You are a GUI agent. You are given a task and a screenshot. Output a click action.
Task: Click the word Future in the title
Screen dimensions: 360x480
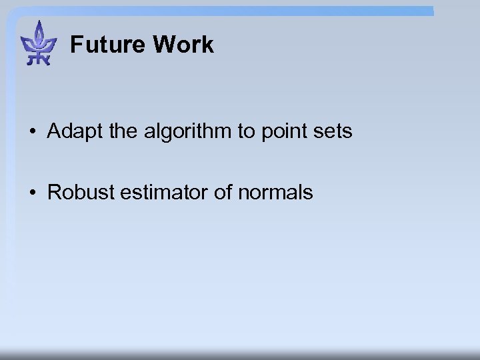[107, 45]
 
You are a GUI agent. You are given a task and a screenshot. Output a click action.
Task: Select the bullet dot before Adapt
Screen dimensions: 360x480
[33, 132]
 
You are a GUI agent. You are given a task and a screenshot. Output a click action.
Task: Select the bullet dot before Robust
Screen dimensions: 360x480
[33, 193]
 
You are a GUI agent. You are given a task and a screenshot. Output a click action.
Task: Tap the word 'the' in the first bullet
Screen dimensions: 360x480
[122, 131]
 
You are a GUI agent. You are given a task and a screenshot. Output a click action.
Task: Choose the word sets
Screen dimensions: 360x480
[331, 131]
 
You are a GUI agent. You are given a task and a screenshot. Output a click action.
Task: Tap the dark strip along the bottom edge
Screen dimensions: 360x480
[240, 355]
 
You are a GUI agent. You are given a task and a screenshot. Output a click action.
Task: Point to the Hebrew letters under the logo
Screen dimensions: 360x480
[39, 59]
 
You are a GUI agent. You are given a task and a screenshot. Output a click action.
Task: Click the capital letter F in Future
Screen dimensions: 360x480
[76, 45]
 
